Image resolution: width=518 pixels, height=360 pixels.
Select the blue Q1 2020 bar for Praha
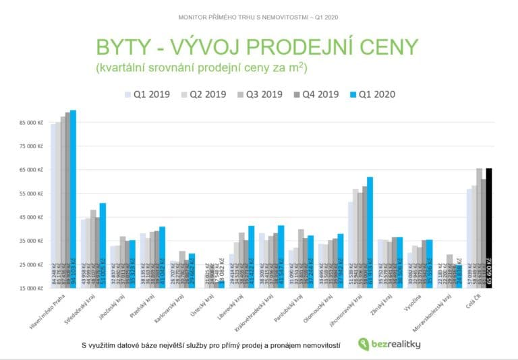[x=73, y=199]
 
